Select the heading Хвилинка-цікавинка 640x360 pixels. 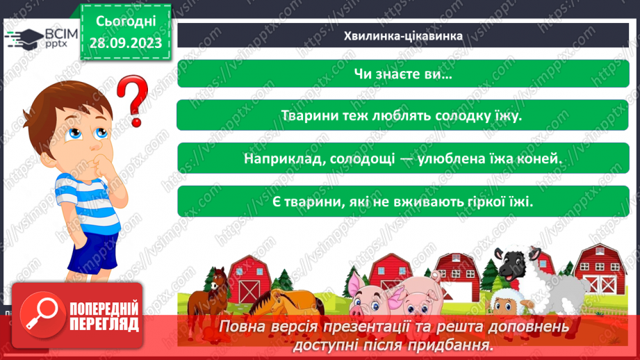click(404, 35)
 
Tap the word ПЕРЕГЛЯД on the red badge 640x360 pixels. click(104, 323)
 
